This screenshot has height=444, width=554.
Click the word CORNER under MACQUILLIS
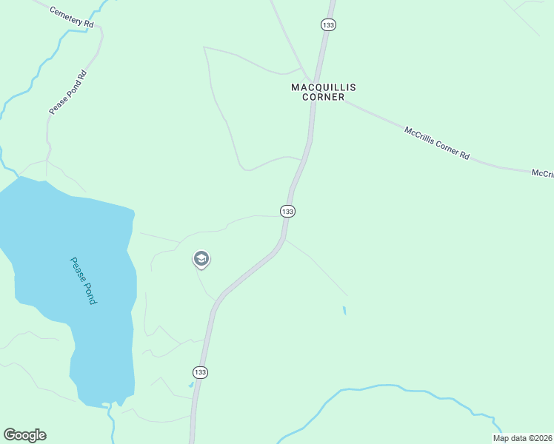[323, 97]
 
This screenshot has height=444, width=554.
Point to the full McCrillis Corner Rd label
[437, 144]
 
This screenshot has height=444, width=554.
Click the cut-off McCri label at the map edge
[543, 173]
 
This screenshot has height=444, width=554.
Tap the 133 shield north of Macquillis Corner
[329, 25]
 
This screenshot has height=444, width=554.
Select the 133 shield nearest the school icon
[288, 212]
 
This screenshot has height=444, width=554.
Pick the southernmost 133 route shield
[200, 371]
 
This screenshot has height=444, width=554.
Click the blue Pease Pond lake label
[84, 281]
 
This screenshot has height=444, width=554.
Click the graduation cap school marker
[201, 259]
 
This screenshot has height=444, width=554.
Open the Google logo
[24, 435]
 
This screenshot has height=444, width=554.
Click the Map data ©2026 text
[522, 438]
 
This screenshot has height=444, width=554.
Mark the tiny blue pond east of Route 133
[344, 311]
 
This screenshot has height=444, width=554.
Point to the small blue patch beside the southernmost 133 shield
[191, 384]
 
